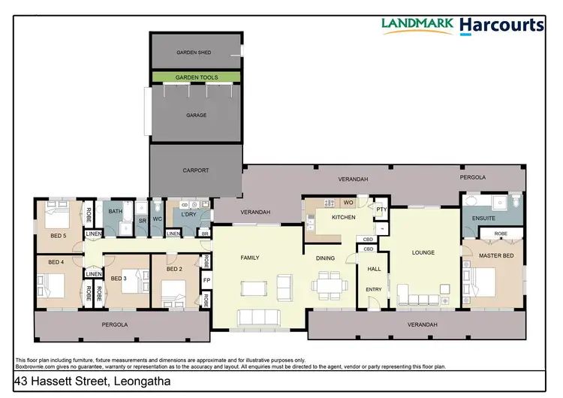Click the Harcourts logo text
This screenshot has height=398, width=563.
501,25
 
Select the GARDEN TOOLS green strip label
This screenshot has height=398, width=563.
197,77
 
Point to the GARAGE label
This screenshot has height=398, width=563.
196,115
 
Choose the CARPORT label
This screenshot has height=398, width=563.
196,170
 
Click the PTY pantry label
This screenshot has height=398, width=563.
381,210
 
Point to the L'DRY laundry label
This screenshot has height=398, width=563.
188,216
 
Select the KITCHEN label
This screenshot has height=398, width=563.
333,216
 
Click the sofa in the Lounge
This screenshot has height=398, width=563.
420,294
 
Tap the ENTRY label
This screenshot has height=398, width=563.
373,288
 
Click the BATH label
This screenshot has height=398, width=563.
115,212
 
